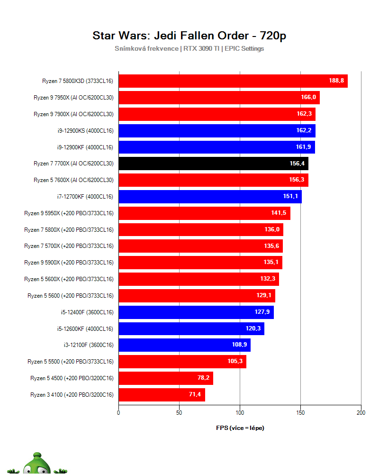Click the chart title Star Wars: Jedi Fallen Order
pos(189,36)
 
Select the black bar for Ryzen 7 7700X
pos(213,164)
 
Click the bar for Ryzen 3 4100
pos(162,394)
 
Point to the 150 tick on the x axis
pos(300,413)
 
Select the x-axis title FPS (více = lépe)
pos(240,428)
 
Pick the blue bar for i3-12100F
pos(184,345)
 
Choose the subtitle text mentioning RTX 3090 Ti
pos(189,48)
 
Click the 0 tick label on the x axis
pos(118,413)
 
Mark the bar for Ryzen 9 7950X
pos(219,98)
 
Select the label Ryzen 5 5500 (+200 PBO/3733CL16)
pos(71,362)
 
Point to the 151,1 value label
pos(290,197)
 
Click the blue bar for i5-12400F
pos(196,312)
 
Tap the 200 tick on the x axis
pos(361,413)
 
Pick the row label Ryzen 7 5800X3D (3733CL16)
pos(78,81)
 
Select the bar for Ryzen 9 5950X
pos(204,213)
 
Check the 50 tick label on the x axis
pos(179,413)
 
